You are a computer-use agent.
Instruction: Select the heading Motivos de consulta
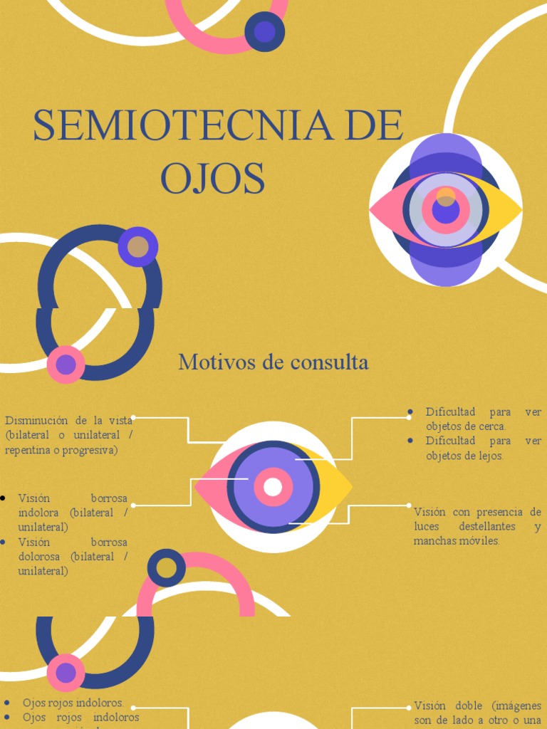click(273, 362)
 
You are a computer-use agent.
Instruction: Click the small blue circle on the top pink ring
click(264, 31)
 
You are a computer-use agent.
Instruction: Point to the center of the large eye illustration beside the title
click(446, 210)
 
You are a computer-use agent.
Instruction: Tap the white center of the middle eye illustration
click(273, 487)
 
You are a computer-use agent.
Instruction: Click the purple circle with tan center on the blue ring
click(138, 247)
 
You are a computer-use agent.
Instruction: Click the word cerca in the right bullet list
click(491, 426)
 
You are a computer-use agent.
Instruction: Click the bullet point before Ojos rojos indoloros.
click(6, 703)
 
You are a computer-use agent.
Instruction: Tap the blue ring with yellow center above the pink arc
click(166, 568)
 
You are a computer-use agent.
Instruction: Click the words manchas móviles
click(457, 541)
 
